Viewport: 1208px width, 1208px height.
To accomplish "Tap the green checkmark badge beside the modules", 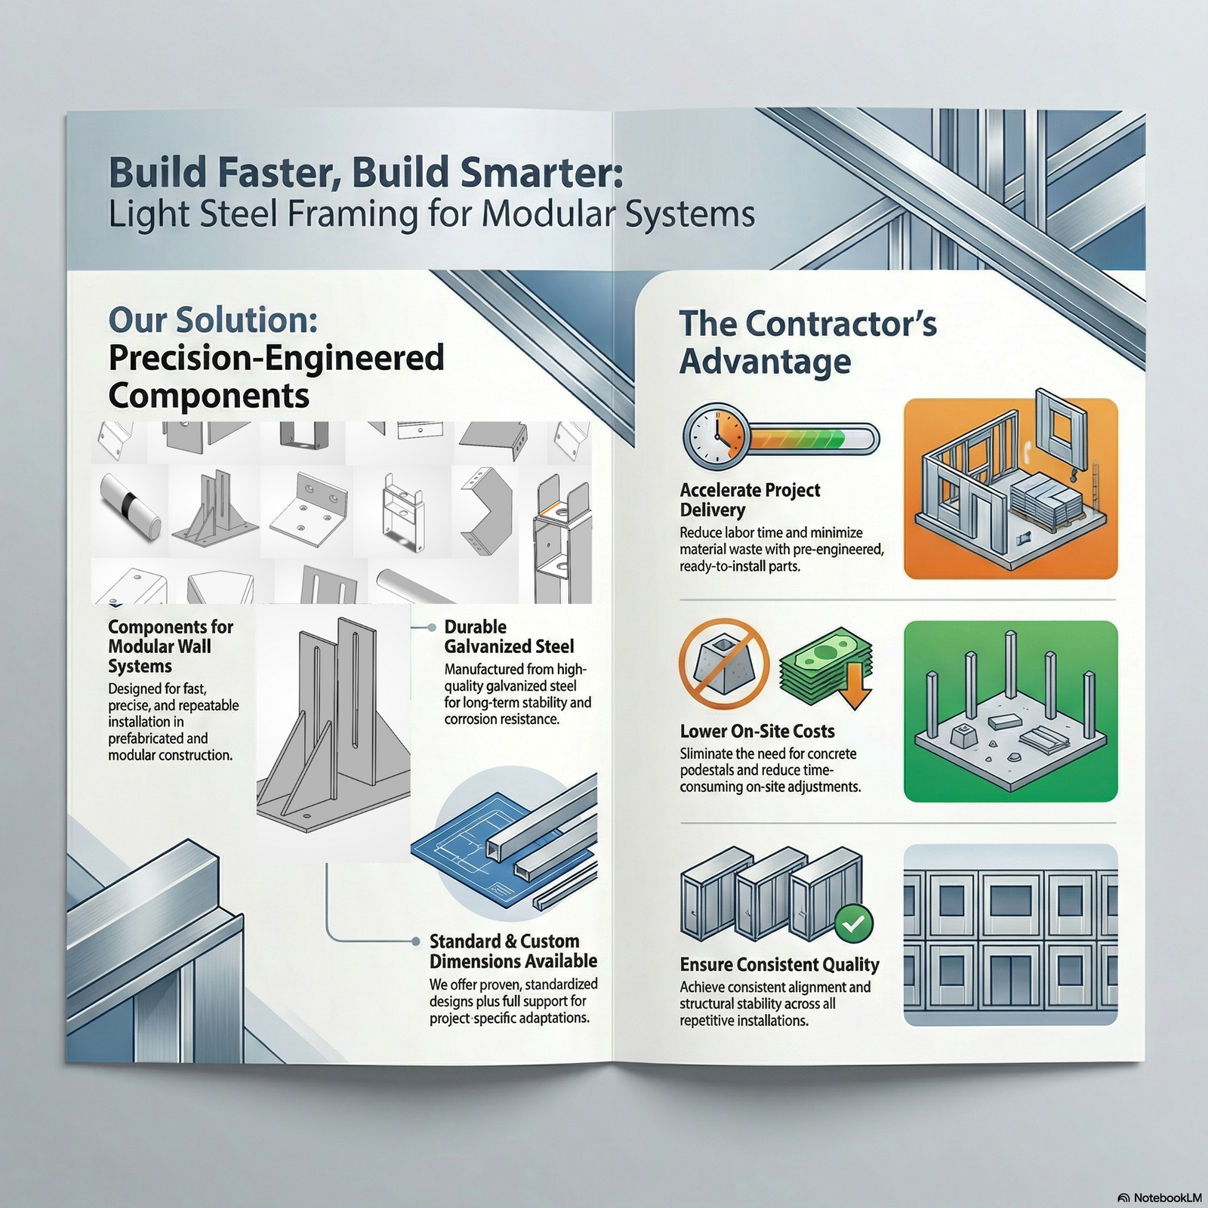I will pos(854,922).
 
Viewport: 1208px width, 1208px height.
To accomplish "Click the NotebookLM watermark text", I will pos(1166,1176).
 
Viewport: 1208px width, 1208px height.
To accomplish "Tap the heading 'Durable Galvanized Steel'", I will pos(508,636).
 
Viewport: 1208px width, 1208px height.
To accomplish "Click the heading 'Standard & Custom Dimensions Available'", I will pos(513,951).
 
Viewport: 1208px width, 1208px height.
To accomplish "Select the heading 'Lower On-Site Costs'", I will pos(757,731).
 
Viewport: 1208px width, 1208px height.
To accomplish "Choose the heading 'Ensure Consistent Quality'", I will pos(779,964).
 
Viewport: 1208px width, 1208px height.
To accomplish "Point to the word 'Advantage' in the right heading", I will pos(765,362).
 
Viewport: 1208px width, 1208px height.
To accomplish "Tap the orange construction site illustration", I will pos(1010,488).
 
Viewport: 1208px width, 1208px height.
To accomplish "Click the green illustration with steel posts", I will pos(1010,710).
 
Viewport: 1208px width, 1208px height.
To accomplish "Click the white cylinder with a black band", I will pos(130,505).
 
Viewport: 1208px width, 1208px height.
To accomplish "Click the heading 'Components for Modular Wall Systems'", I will pos(171,646).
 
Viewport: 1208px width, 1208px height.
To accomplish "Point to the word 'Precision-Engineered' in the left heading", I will pos(276,357).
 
